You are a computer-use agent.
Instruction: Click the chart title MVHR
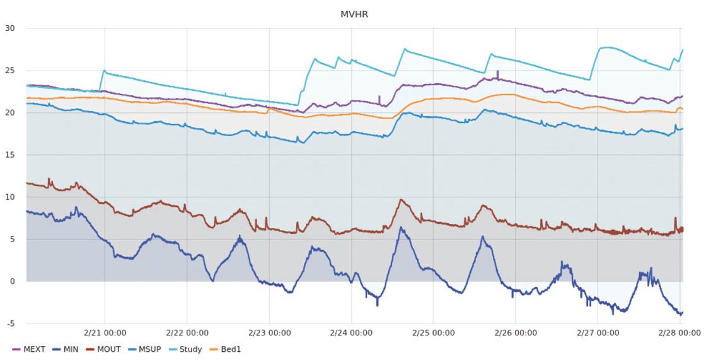(354, 14)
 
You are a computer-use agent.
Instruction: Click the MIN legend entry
(66, 349)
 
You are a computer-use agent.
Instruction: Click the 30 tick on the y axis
(10, 28)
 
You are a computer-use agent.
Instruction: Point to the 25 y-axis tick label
(10, 71)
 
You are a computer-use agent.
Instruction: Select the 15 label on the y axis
(10, 155)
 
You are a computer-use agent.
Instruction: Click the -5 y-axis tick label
(11, 323)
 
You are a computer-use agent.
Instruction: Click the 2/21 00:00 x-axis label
(105, 333)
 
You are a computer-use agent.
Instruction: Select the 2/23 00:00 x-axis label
(269, 333)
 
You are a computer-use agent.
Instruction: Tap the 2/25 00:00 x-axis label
(433, 333)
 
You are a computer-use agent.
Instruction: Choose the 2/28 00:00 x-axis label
(678, 333)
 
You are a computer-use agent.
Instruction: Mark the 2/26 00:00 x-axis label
(515, 333)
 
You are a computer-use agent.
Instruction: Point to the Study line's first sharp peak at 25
(104, 71)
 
